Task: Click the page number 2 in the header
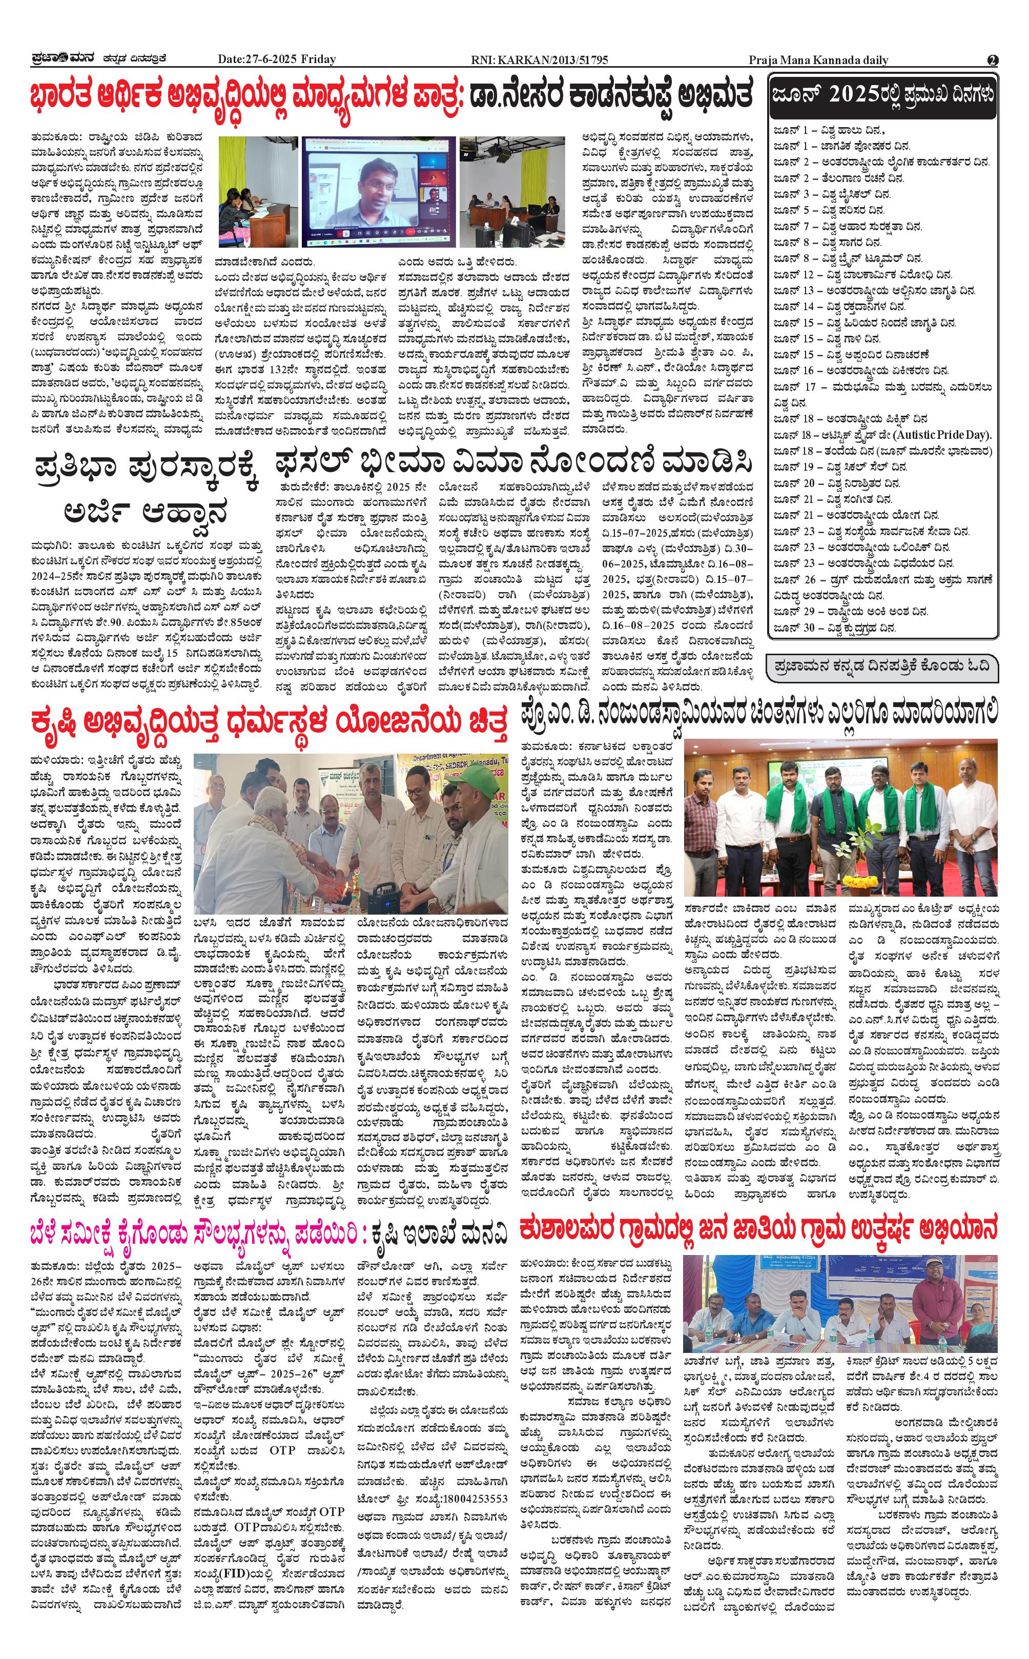click(993, 60)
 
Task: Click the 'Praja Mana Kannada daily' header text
click(818, 60)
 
